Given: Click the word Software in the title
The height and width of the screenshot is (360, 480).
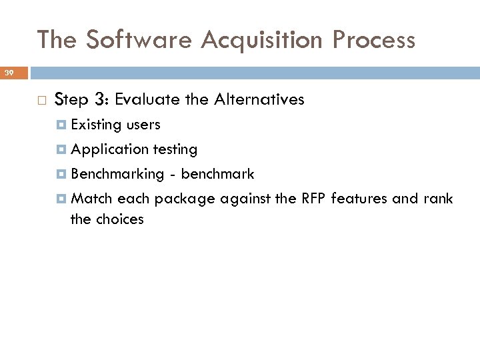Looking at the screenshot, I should click(x=138, y=40).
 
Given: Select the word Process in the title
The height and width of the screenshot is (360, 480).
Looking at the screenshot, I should click(x=375, y=40).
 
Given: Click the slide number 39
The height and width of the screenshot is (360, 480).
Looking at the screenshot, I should click(x=10, y=72).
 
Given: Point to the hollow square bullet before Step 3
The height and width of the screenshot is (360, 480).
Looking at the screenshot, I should click(x=41, y=101).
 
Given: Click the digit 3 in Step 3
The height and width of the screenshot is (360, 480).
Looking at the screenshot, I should click(x=100, y=100).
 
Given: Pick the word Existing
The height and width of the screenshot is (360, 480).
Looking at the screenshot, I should click(x=96, y=125).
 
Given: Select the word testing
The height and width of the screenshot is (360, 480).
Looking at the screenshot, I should click(x=175, y=149).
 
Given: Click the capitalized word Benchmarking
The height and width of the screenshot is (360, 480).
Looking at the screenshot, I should click(x=117, y=174).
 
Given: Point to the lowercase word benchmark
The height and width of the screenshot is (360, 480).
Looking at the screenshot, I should click(x=217, y=174).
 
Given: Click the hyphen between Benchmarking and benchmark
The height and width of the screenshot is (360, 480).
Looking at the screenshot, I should click(x=172, y=175).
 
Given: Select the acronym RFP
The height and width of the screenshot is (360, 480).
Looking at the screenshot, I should click(x=313, y=199).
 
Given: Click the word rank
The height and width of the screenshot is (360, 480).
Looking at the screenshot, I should click(x=437, y=199).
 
